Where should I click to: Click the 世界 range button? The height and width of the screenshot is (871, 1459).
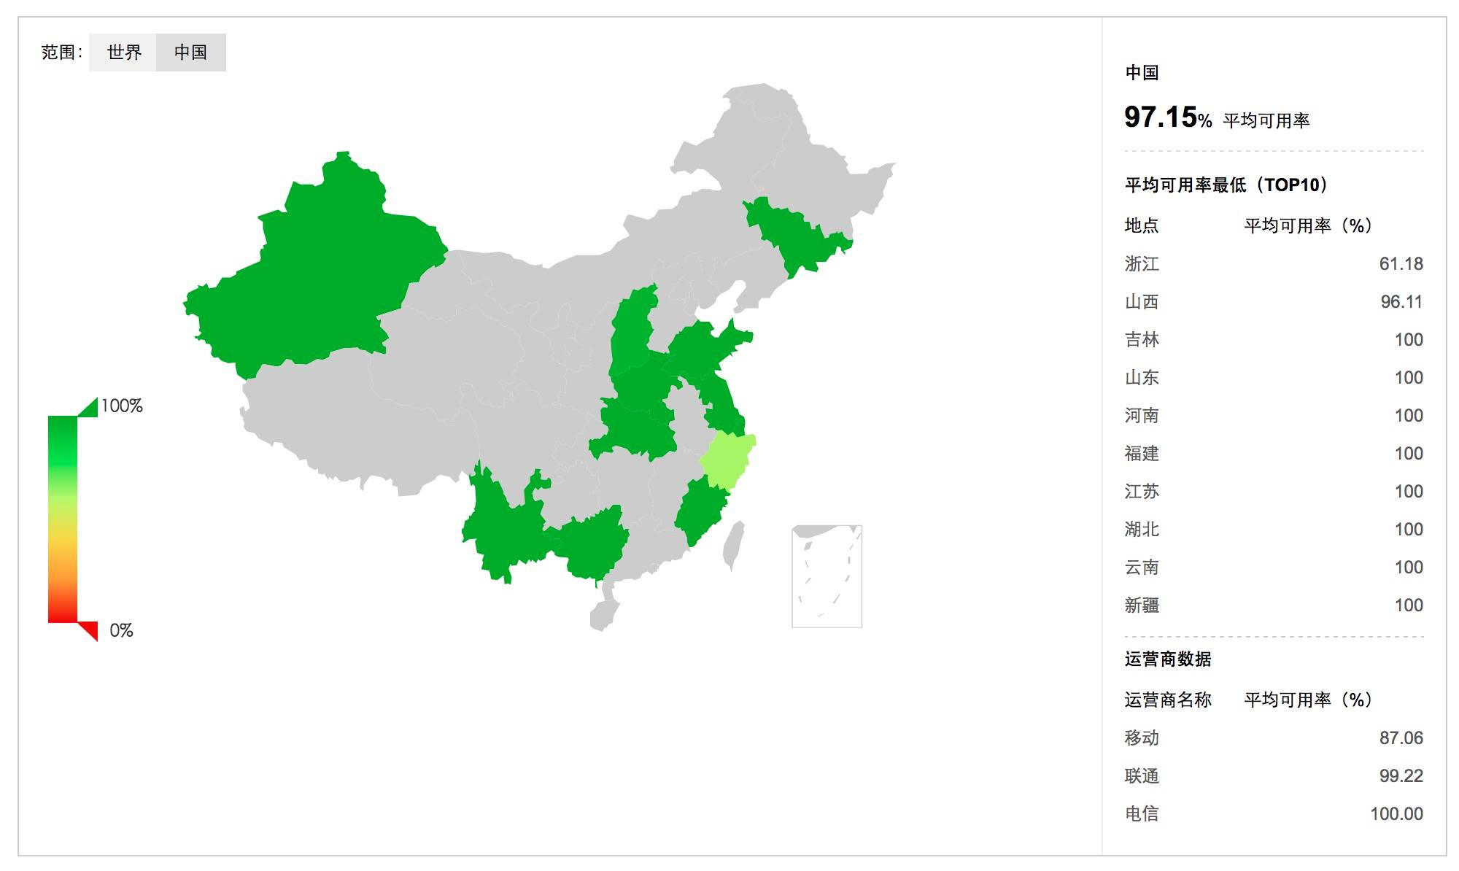pos(123,53)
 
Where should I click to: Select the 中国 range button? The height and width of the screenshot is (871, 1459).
pos(190,53)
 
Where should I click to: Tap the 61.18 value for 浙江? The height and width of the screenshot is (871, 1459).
pos(1401,264)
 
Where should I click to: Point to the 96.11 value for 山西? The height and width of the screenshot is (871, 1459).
pos(1401,302)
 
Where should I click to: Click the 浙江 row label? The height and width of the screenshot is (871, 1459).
pos(1142,264)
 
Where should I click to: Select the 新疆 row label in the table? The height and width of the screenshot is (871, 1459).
pos(1142,605)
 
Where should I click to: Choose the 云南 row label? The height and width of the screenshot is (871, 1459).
pos(1142,568)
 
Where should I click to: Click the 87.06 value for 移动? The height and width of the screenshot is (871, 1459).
pos(1401,738)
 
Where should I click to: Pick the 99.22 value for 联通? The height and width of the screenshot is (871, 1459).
pos(1401,776)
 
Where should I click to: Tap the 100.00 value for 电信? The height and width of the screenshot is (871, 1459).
pos(1396,814)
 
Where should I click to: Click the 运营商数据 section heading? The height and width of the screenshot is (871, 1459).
pos(1167,659)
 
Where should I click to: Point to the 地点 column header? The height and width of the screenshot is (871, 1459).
pos(1142,226)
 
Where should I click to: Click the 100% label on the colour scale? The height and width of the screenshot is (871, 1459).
pos(122,406)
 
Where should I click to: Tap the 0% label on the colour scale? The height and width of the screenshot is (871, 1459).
pos(121,631)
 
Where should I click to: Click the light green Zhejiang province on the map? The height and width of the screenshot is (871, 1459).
pos(727,460)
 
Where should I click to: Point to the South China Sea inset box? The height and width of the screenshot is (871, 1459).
pos(827,576)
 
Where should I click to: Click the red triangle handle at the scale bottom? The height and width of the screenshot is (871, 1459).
pos(90,629)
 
